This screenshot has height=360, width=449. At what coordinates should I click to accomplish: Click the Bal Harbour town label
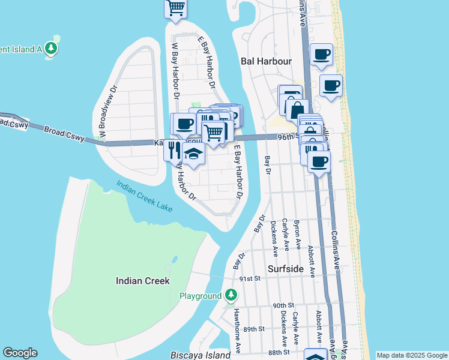pyautogui.click(x=265, y=61)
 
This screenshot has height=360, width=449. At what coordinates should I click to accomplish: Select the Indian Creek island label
pyautogui.click(x=142, y=281)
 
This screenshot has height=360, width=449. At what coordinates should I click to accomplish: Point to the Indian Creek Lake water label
pyautogui.click(x=144, y=196)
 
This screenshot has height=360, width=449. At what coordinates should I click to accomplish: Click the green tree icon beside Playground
pyautogui.click(x=231, y=295)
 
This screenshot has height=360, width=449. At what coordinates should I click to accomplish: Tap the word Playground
pyautogui.click(x=200, y=296)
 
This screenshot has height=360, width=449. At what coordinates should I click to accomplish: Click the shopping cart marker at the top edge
pyautogui.click(x=176, y=8)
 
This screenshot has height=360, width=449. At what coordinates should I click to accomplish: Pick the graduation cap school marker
pyautogui.click(x=193, y=155)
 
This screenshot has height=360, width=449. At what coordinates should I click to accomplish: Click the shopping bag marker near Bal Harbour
pyautogui.click(x=297, y=110)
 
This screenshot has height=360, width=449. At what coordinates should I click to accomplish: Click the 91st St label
pyautogui.click(x=249, y=278)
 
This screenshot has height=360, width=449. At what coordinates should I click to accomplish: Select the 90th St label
pyautogui.click(x=282, y=305)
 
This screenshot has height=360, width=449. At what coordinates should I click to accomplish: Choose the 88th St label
pyautogui.click(x=279, y=352)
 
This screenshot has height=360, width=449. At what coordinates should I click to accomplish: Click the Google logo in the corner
pyautogui.click(x=20, y=353)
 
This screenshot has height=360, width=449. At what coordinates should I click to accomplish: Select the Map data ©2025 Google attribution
pyautogui.click(x=412, y=355)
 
